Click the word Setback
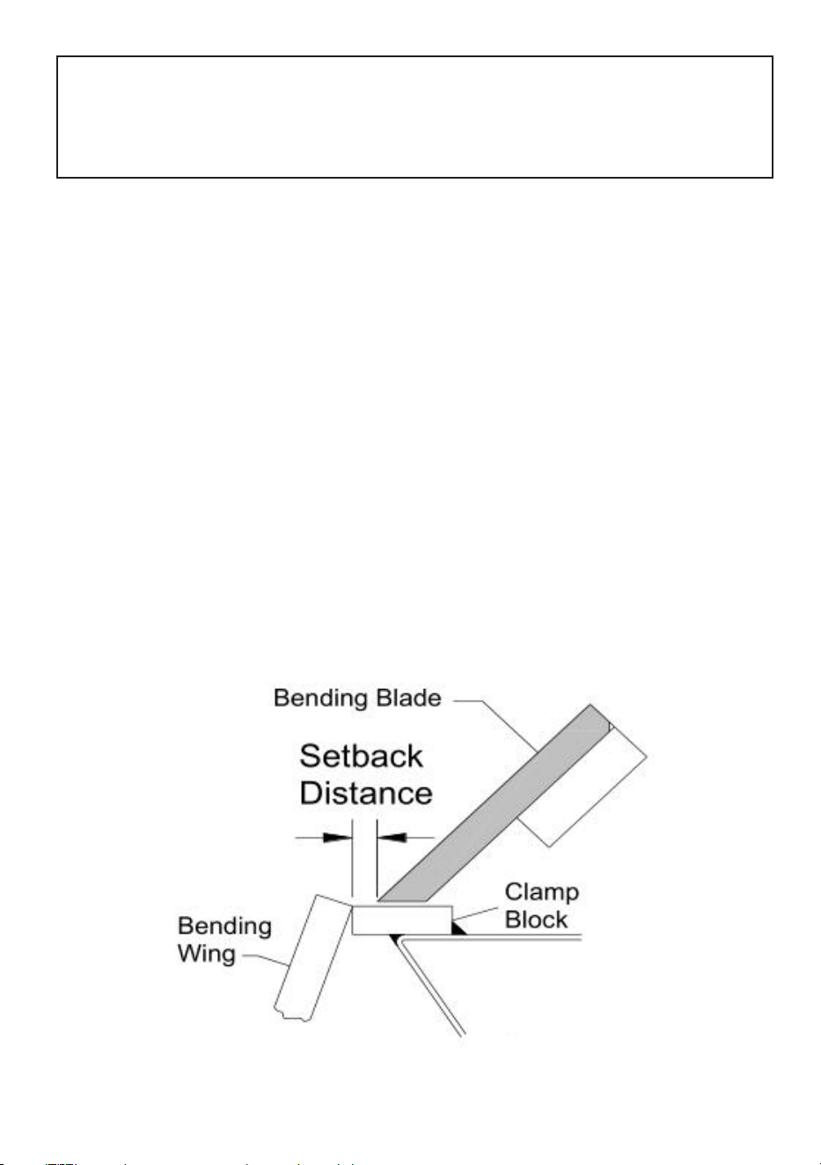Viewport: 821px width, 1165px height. (361, 756)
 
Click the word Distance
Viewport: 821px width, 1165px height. (366, 794)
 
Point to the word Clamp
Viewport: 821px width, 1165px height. (541, 893)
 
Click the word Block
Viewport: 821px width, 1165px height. (536, 920)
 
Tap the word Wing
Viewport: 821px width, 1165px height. (207, 955)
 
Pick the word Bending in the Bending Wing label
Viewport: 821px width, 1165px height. (224, 927)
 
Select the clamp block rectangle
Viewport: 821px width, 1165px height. (401, 920)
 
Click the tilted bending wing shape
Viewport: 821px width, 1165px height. (312, 958)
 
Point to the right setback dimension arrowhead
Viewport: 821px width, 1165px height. (391, 838)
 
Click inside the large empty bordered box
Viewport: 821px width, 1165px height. (414, 117)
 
